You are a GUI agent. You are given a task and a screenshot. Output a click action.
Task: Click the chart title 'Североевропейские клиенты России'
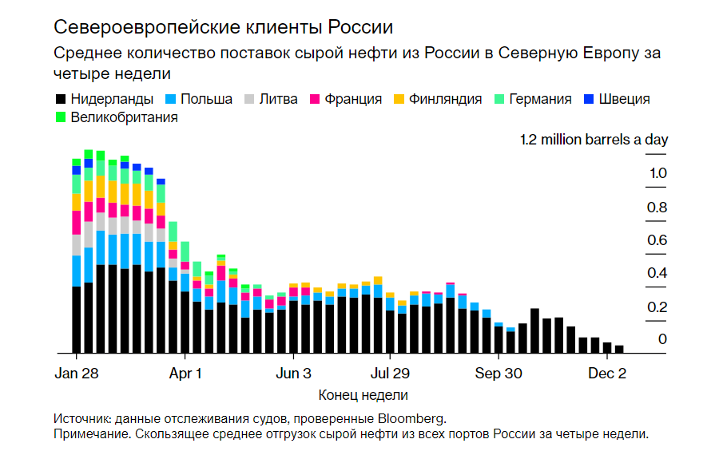coord(223,26)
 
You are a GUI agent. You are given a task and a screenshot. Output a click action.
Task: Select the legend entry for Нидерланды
coord(104,99)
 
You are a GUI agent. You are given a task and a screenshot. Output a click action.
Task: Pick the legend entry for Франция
coord(344,99)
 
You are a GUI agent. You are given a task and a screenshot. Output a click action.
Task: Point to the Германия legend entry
coord(534,99)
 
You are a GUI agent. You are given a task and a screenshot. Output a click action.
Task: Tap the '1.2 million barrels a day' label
coord(594,140)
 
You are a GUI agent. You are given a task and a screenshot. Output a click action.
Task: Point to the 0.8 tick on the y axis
coord(657,208)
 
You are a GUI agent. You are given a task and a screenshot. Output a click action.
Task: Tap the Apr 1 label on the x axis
coord(185,373)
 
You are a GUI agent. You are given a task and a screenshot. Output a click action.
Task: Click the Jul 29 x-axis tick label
coord(390,373)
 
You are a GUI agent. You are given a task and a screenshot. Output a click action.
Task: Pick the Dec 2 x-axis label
coord(607,373)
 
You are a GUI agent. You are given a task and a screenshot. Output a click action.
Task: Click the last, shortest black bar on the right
coord(619,349)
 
